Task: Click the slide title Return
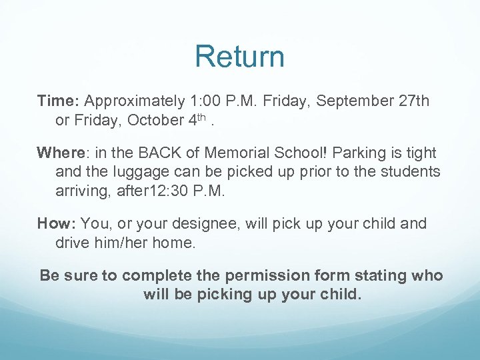point(239,57)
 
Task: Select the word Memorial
point(222,153)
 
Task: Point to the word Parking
point(359,153)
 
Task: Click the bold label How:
point(57,223)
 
